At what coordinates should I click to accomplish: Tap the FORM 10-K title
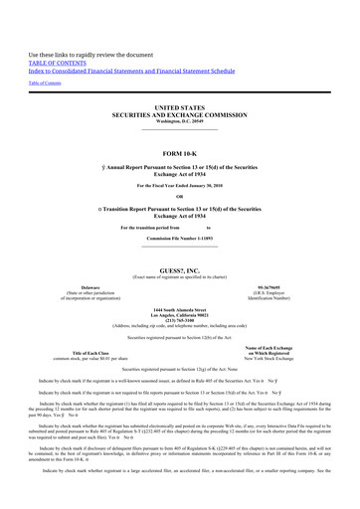179,153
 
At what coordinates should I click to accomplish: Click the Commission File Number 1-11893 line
179,240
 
